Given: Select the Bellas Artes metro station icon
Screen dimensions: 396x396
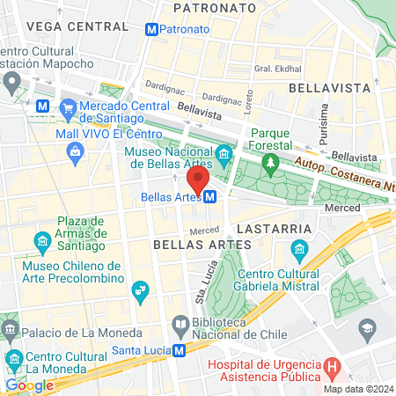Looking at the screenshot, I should (210, 197).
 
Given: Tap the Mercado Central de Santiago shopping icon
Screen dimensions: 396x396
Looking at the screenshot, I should (68, 107).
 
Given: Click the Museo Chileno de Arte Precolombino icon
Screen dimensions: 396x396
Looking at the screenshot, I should (139, 290).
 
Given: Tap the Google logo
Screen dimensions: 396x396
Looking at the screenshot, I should (29, 385).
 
